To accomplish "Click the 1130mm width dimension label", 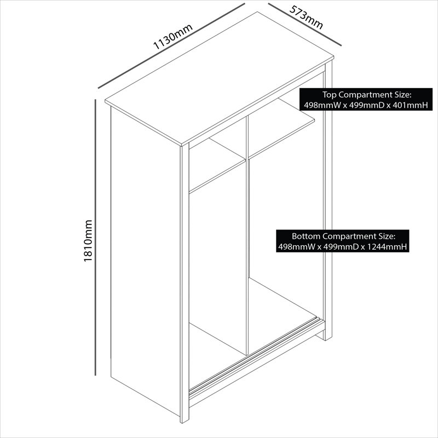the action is click(x=173, y=37).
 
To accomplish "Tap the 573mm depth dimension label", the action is click(x=307, y=18).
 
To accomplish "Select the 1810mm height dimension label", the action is click(x=88, y=241).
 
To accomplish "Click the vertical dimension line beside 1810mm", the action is click(x=95, y=238).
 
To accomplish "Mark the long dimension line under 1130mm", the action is click(x=171, y=46).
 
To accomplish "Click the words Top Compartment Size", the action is click(x=367, y=95).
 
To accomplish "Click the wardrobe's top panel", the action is click(x=220, y=79).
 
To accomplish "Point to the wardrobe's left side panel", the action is click(x=145, y=261).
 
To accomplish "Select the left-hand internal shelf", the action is click(x=217, y=165).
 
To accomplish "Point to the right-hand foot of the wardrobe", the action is click(x=328, y=334).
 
